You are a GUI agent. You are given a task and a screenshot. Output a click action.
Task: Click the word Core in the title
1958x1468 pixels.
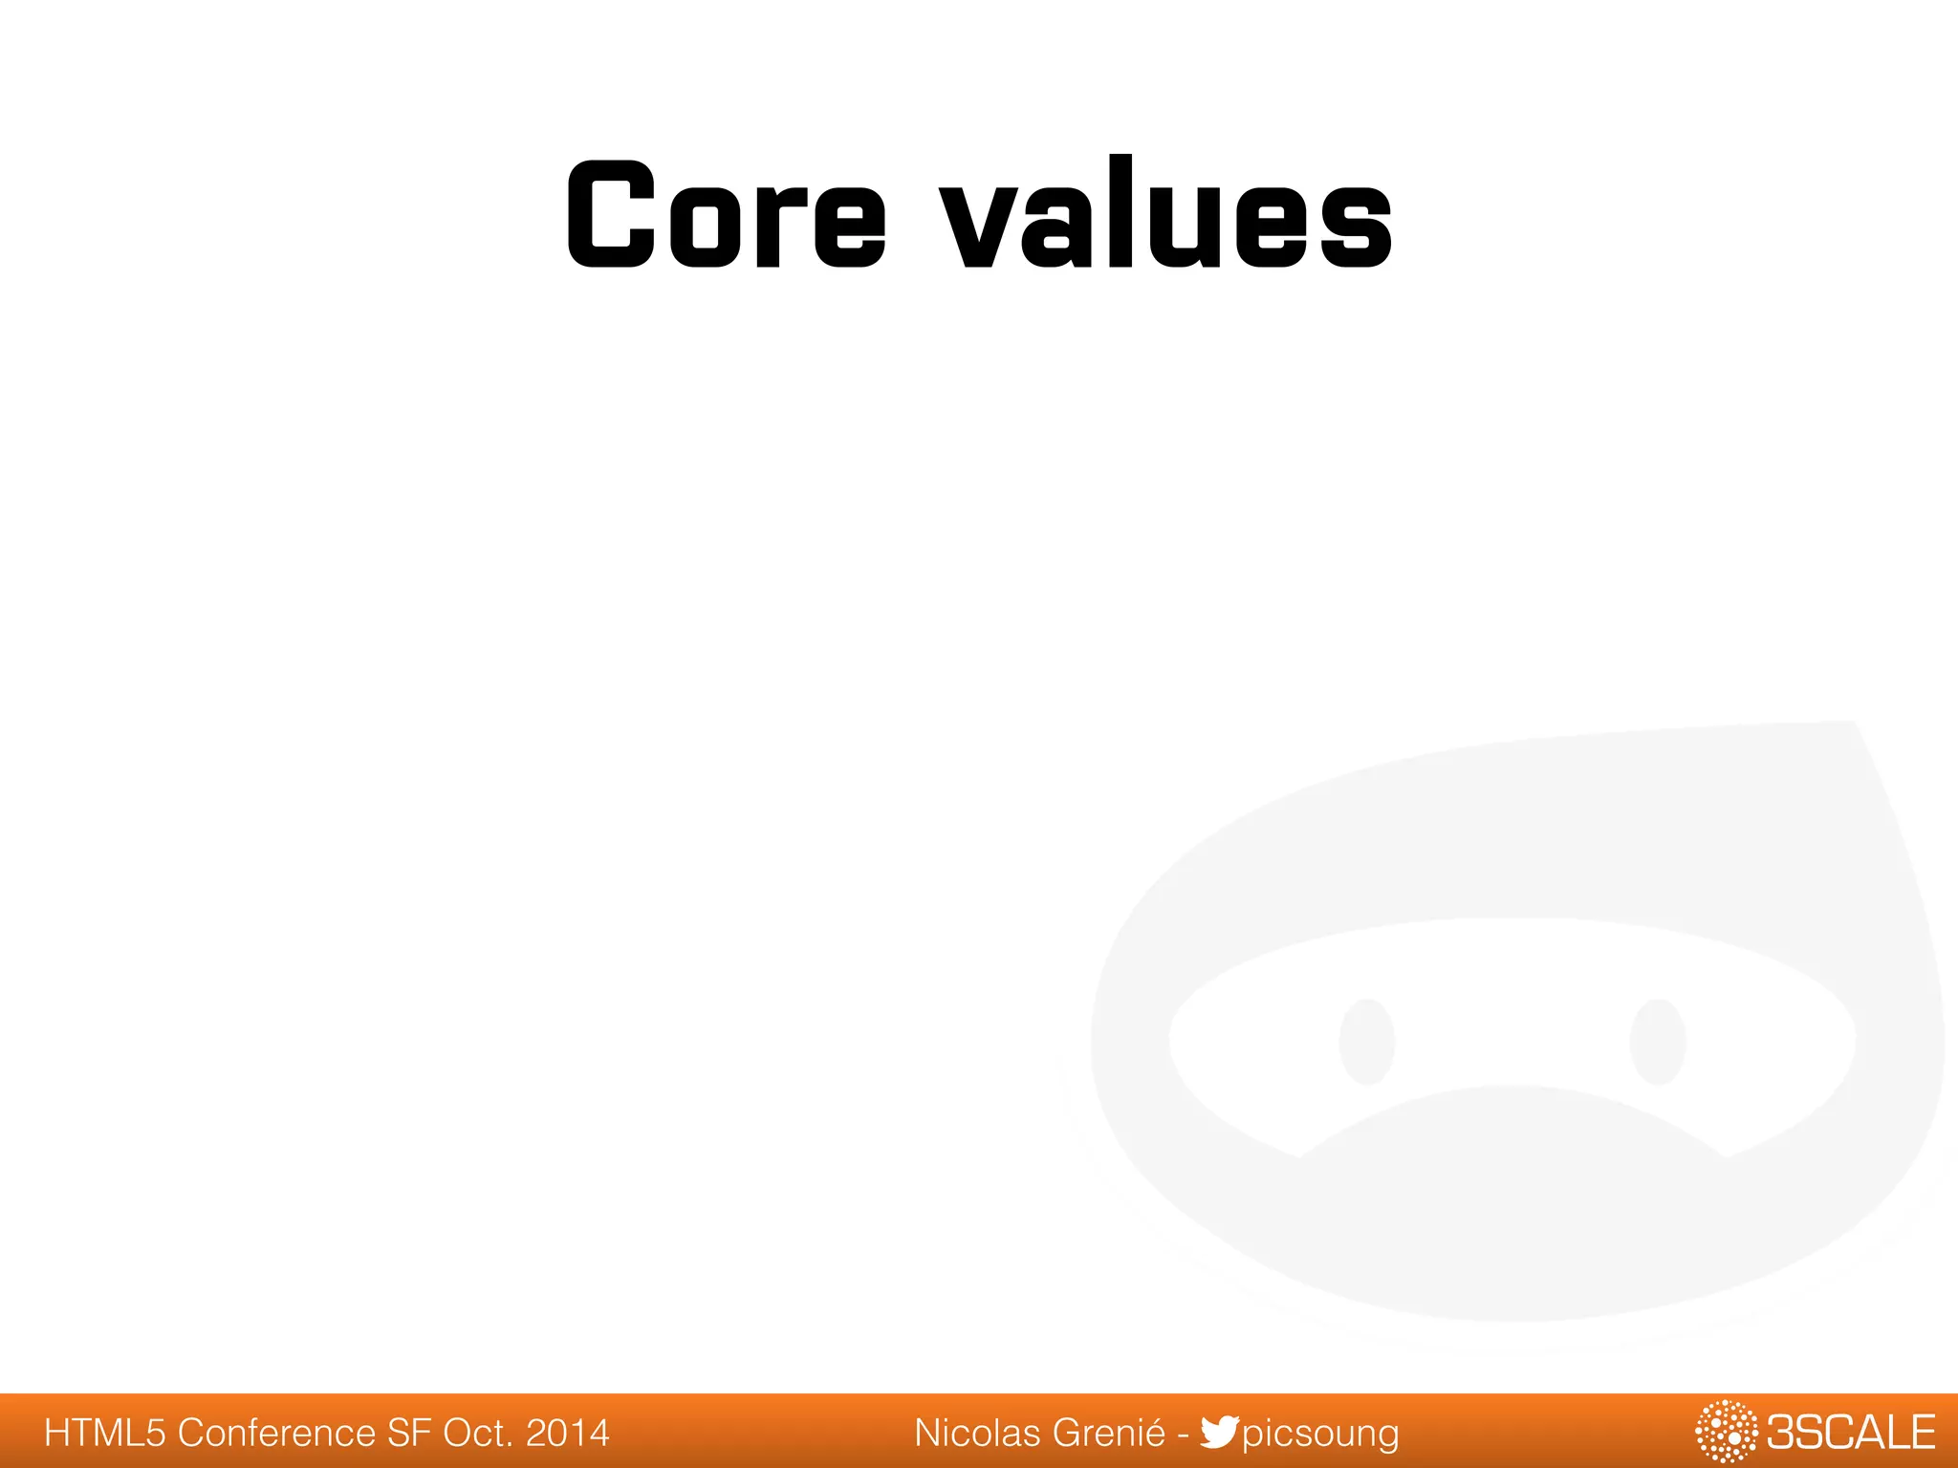[x=727, y=214]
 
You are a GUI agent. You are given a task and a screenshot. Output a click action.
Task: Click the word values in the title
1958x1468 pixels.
[x=1166, y=214]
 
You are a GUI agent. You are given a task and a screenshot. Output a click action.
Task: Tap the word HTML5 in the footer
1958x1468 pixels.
[x=105, y=1433]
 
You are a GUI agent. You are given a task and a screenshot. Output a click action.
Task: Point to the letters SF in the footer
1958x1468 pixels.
[x=409, y=1433]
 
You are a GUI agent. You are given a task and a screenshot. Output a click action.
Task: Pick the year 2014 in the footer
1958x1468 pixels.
[x=568, y=1433]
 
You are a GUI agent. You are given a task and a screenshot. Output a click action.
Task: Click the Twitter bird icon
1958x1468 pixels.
[x=1220, y=1432]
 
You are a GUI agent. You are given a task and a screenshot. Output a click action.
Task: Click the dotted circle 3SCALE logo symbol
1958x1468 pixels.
[x=1726, y=1431]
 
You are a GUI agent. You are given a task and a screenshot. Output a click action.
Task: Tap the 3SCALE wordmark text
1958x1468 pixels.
[x=1850, y=1433]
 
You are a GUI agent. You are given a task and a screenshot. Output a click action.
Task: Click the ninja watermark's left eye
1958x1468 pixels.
[x=1367, y=1042]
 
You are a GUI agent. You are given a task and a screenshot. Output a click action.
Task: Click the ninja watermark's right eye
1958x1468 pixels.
[x=1658, y=1042]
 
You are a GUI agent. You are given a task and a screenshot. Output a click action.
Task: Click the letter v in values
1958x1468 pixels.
[x=980, y=226]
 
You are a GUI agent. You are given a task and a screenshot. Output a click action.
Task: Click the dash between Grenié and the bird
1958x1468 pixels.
[x=1183, y=1434]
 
